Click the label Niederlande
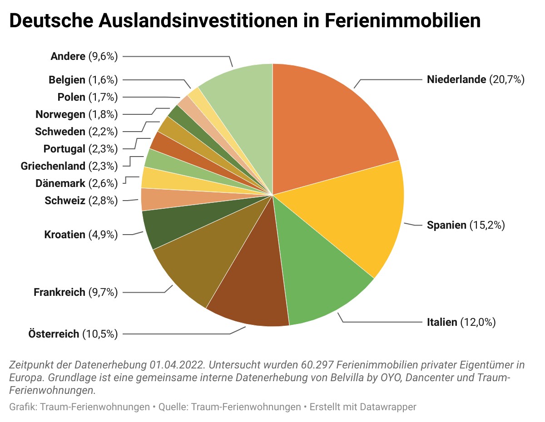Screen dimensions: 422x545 tap(456, 80)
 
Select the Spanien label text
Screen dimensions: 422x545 tap(446, 225)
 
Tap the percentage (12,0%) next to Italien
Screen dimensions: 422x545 tap(478, 323)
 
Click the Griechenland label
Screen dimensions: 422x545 tap(53, 166)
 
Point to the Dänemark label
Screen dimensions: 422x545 tap(60, 183)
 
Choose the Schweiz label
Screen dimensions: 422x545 tap(65, 200)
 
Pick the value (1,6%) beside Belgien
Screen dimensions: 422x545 tap(103, 80)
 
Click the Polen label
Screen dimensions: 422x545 tap(71, 97)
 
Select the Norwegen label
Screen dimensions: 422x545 tap(60, 114)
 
